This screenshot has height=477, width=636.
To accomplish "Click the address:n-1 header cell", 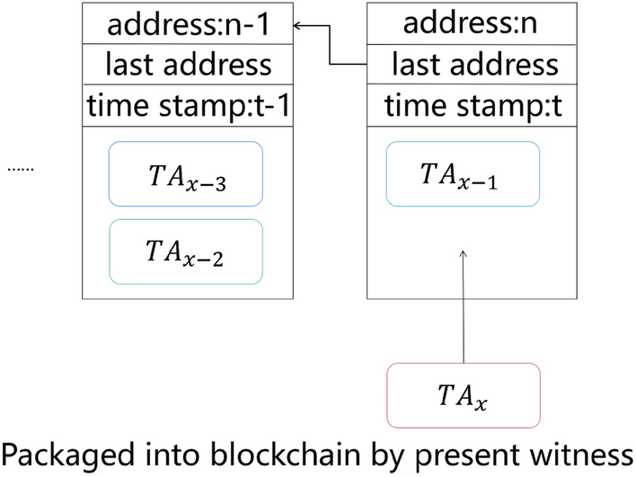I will pyautogui.click(x=189, y=24).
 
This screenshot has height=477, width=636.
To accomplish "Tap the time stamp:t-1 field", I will pyautogui.click(x=189, y=106).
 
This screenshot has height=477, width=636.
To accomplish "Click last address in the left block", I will pyautogui.click(x=189, y=65).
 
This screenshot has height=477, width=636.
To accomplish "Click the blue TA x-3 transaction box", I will pyautogui.click(x=185, y=174).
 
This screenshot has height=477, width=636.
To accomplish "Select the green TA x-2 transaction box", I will pyautogui.click(x=185, y=251).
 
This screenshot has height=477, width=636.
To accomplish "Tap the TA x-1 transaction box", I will pyautogui.click(x=463, y=174).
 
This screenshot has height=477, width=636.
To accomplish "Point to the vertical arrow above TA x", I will pyautogui.click(x=464, y=305).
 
